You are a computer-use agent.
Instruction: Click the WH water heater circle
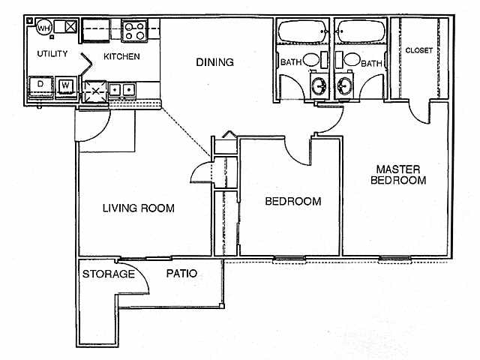[44, 28]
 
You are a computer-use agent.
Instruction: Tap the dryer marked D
[40, 85]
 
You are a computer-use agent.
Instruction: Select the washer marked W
[66, 85]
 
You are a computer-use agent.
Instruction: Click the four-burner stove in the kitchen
[133, 31]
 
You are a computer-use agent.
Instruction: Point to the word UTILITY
[52, 54]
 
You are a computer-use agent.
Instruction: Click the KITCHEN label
[121, 57]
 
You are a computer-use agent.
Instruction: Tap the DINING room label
[214, 62]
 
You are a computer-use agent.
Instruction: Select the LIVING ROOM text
[139, 208]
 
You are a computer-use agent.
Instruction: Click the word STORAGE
[109, 274]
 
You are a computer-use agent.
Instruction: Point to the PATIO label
[182, 274]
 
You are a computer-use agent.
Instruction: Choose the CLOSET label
[418, 51]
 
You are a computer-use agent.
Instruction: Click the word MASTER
[398, 169]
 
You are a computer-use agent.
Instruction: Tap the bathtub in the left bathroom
[301, 32]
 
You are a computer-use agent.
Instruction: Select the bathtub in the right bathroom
[360, 32]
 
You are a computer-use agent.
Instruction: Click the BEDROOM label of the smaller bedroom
[294, 201]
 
